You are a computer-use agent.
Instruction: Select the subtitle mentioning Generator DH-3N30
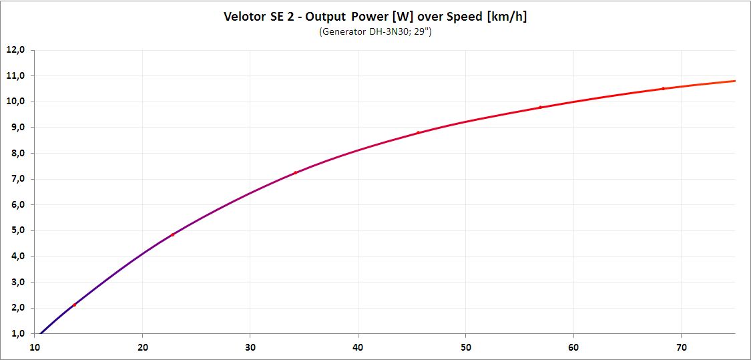(x=375, y=32)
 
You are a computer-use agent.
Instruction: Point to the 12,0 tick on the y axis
(x=15, y=50)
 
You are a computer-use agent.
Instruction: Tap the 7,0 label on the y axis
(x=15, y=179)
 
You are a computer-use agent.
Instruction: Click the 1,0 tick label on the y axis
(x=15, y=334)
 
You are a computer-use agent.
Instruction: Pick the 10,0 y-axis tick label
(x=15, y=102)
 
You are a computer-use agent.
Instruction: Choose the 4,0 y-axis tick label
(x=15, y=256)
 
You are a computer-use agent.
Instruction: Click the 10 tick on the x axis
(x=35, y=347)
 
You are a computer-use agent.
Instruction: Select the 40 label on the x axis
(x=358, y=347)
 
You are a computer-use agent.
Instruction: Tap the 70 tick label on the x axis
(x=682, y=347)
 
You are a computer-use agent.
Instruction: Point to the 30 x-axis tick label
(x=250, y=347)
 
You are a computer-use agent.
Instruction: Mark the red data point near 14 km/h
(x=75, y=305)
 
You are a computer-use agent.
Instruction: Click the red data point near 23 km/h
(x=172, y=234)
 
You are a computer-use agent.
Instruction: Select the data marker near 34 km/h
(x=295, y=172)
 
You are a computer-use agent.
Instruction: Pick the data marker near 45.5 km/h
(x=418, y=132)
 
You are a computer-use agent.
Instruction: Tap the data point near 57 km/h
(x=541, y=107)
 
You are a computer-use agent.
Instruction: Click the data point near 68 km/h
(x=664, y=88)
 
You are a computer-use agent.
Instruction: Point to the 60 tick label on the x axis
(x=574, y=347)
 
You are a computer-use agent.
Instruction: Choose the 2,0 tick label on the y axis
(x=15, y=308)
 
